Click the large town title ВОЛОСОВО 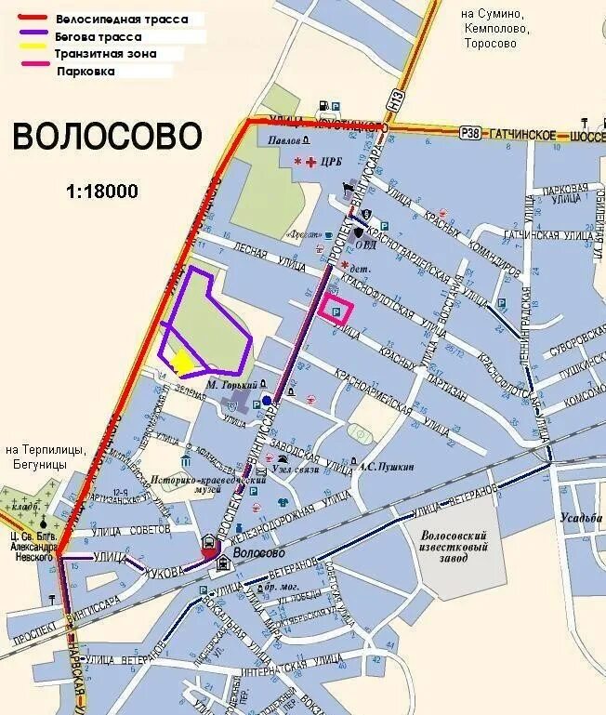[x=107, y=137]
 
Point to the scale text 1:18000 [x=102, y=192]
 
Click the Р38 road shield [x=471, y=135]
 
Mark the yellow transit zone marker [x=182, y=361]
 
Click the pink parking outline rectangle [x=336, y=311]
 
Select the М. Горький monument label [x=230, y=384]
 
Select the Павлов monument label [x=283, y=139]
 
